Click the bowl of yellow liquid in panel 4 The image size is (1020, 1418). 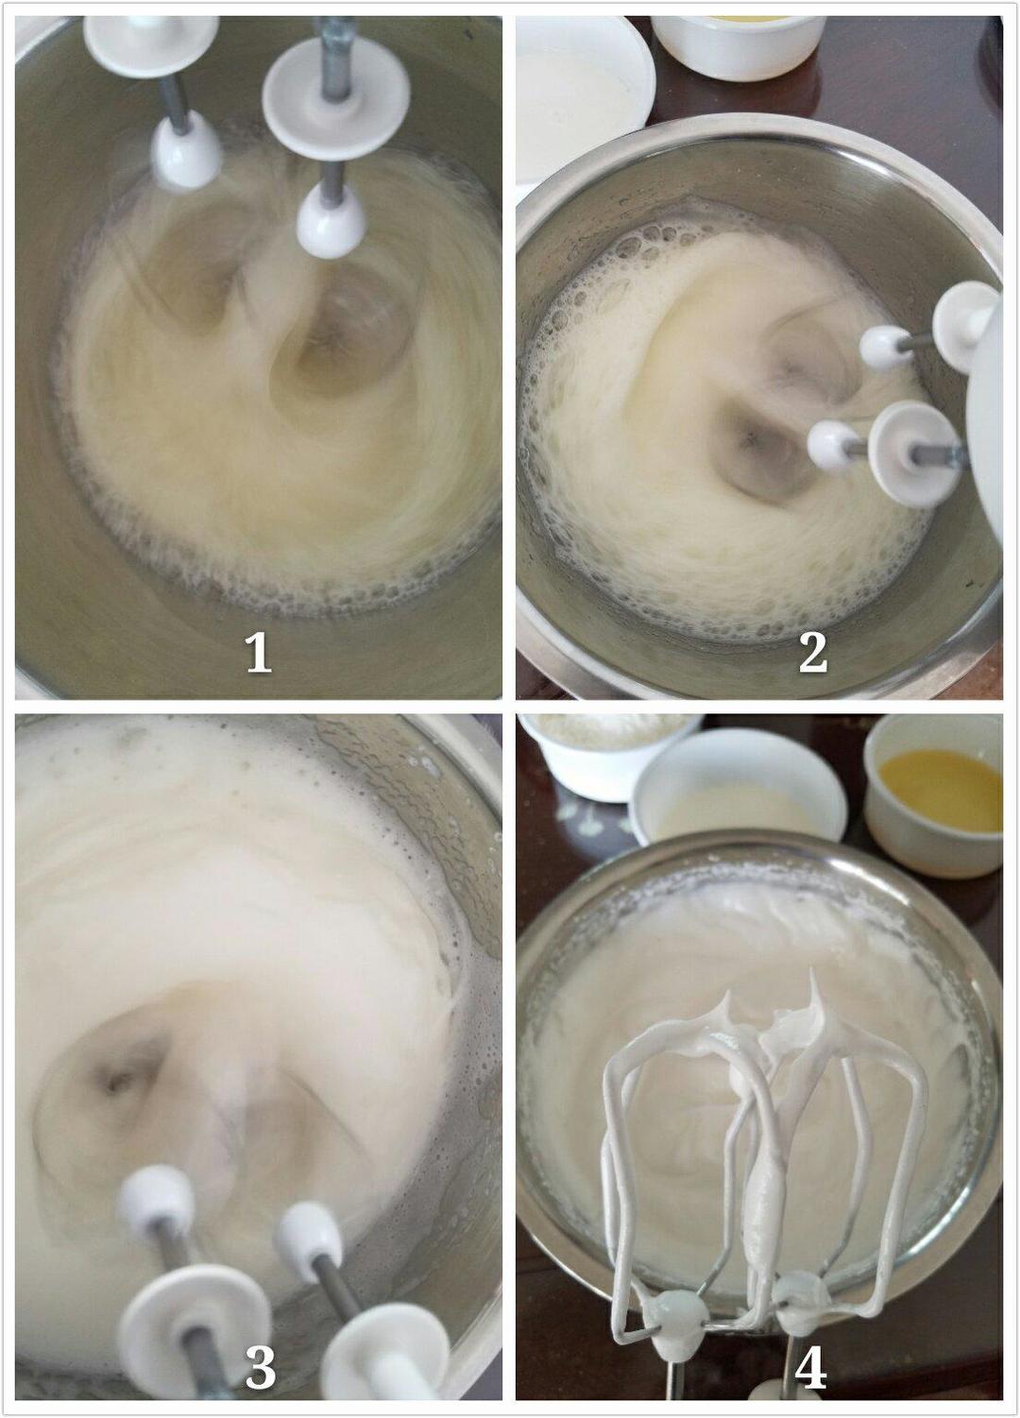[933, 795]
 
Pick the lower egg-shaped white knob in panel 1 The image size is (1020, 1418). [331, 222]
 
